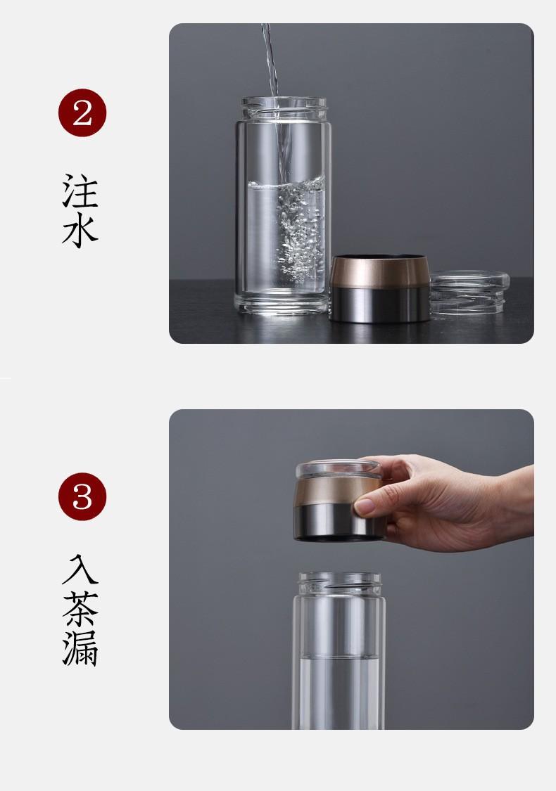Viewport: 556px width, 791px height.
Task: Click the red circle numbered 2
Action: [x=82, y=112]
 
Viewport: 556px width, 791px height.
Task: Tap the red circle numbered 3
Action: [x=82, y=496]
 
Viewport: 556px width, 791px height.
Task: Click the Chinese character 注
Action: [x=80, y=191]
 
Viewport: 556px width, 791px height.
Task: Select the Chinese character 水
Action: [x=80, y=231]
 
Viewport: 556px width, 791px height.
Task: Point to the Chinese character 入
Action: [x=80, y=570]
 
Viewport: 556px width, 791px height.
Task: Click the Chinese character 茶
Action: [x=80, y=609]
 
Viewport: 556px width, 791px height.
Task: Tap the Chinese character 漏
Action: [x=80, y=648]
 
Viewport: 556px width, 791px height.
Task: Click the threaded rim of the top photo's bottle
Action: [x=284, y=108]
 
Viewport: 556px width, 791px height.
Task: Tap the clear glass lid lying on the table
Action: [x=469, y=293]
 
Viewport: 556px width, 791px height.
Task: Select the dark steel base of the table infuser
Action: [x=380, y=304]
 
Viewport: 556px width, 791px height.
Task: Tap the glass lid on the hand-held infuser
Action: [x=339, y=469]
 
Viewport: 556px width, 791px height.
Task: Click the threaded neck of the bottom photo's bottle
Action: [x=339, y=584]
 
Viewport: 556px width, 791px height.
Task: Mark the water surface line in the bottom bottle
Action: [x=339, y=657]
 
